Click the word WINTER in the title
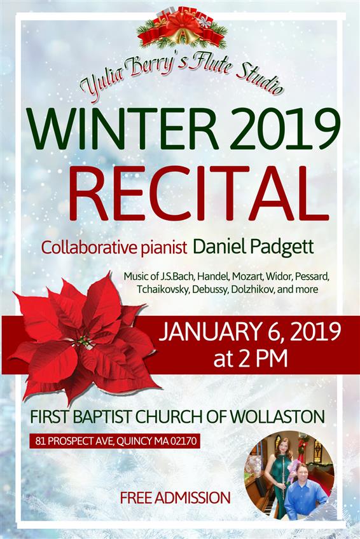(123, 128)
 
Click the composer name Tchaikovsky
(163, 289)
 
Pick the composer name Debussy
(210, 289)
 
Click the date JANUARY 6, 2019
(249, 332)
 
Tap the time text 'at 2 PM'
(251, 360)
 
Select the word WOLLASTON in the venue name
(277, 416)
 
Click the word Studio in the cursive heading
(260, 78)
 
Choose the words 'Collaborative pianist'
(114, 248)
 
